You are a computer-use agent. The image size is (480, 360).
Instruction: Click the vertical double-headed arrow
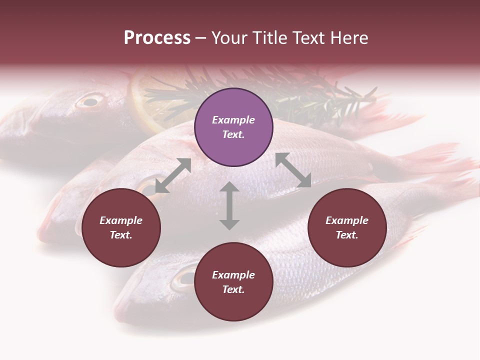229,205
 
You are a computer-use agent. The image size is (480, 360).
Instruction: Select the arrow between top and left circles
173,175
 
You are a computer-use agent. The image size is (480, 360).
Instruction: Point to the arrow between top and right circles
293,170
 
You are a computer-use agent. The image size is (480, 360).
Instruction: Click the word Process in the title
157,38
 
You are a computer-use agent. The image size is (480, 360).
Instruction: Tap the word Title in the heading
273,38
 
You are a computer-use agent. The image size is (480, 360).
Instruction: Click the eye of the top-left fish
89,102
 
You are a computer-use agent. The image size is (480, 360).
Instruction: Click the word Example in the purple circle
233,120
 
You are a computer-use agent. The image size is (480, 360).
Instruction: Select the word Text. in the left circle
121,235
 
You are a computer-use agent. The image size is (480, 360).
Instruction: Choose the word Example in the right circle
347,220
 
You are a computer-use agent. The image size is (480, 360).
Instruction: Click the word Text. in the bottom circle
233,289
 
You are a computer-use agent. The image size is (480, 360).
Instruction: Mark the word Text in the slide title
310,38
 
